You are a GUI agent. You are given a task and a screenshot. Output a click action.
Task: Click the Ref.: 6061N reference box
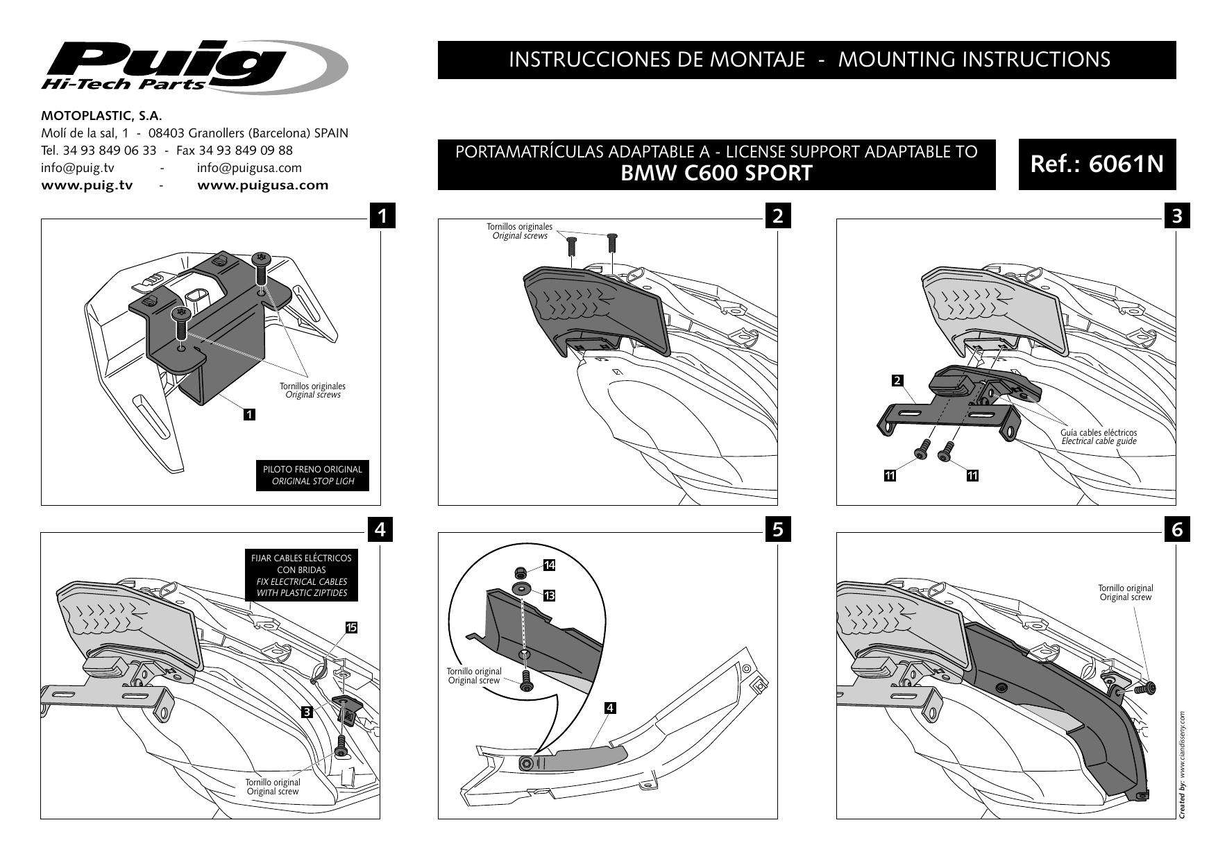[1097, 164]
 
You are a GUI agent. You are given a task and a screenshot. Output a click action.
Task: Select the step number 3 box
[1176, 216]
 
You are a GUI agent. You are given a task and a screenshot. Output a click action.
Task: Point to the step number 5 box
[777, 529]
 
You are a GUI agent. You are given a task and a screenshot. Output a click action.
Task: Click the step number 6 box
[1176, 529]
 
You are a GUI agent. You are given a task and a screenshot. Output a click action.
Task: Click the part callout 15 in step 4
[351, 627]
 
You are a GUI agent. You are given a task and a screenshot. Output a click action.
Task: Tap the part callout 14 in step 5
[549, 565]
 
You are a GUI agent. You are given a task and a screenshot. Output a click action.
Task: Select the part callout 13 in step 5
[549, 595]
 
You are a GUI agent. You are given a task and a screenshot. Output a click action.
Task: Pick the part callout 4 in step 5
[609, 708]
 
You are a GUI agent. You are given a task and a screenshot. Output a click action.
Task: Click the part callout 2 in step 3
[897, 380]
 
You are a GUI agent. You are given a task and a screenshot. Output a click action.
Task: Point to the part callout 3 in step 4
[306, 711]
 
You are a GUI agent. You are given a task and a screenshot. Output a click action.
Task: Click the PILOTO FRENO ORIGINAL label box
[312, 475]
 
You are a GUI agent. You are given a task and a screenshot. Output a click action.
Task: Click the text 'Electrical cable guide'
[1099, 441]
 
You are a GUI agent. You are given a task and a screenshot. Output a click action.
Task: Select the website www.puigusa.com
[263, 185]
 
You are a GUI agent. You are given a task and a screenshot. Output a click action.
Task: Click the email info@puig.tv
[78, 168]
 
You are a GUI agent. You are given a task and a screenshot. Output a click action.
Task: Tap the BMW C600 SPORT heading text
[716, 173]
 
